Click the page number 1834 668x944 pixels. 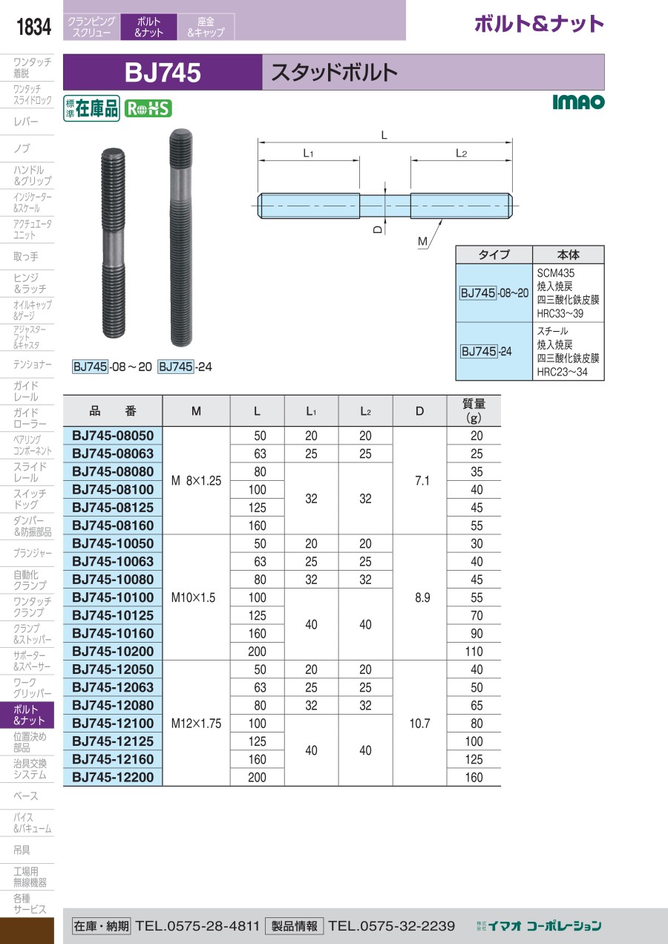coord(33,27)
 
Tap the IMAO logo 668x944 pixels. coord(578,102)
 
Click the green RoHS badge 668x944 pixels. coord(148,109)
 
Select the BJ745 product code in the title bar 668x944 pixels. coord(163,72)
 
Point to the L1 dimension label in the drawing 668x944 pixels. coord(308,154)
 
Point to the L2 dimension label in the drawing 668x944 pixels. coord(461,154)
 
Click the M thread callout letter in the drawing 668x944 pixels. coord(422,241)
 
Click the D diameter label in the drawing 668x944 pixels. coord(378,229)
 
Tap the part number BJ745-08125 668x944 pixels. coord(113,508)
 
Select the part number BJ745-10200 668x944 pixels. coord(113,651)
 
